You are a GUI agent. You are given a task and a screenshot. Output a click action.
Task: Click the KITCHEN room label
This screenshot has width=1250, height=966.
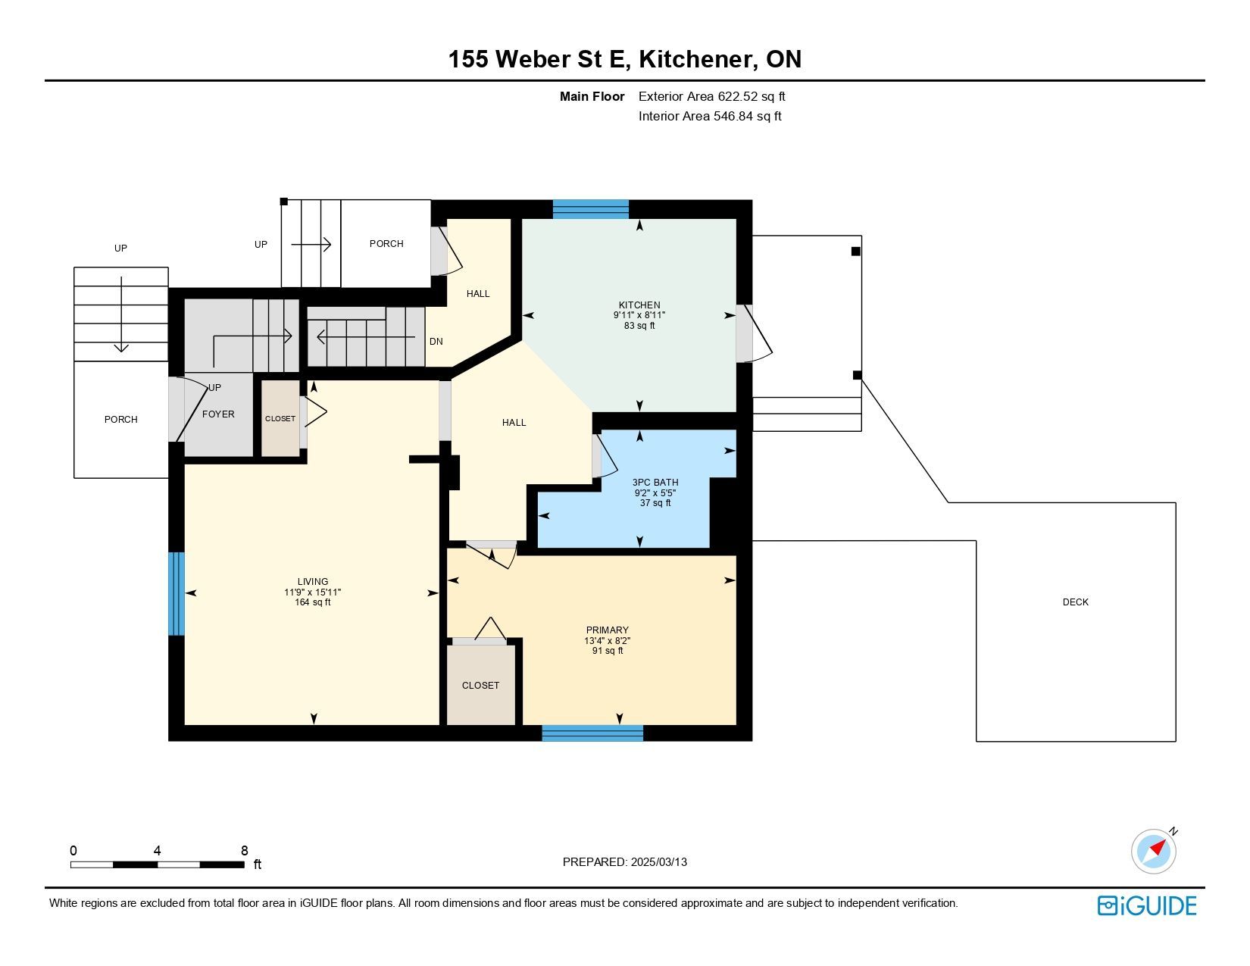(639, 305)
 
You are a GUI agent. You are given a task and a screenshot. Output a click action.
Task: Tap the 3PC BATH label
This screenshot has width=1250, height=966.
(655, 482)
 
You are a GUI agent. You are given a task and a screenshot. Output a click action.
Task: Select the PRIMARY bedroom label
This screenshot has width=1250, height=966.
(607, 630)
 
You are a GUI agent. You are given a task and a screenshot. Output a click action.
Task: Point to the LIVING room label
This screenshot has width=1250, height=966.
(312, 582)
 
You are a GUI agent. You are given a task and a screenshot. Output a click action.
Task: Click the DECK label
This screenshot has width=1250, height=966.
(1075, 602)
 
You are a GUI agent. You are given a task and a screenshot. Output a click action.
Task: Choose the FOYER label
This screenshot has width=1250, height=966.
(218, 414)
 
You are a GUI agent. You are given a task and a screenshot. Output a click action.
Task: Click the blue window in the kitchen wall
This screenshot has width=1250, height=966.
(590, 209)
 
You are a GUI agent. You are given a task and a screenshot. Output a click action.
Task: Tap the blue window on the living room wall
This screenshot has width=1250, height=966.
(176, 593)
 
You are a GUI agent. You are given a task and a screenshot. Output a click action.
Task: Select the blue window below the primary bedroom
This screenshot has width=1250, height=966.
(592, 733)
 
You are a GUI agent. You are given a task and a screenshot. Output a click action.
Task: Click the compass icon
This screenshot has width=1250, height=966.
(1153, 852)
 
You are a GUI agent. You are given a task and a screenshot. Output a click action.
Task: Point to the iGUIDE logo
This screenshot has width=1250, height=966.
(1146, 905)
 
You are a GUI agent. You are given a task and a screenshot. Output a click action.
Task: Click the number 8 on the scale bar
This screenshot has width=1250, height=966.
(245, 850)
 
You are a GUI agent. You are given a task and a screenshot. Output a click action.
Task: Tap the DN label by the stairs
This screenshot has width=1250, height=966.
(436, 341)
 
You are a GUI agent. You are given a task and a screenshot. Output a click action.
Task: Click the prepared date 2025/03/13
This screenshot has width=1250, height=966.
(658, 862)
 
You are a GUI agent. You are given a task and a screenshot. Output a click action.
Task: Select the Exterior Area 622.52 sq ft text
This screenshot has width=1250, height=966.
(711, 97)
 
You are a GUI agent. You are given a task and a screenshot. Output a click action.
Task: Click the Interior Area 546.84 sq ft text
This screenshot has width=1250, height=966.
(710, 116)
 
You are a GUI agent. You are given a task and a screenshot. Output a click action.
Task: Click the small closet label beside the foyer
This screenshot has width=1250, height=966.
(280, 418)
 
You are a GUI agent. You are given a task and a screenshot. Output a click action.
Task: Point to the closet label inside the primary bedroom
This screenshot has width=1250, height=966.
(480, 685)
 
